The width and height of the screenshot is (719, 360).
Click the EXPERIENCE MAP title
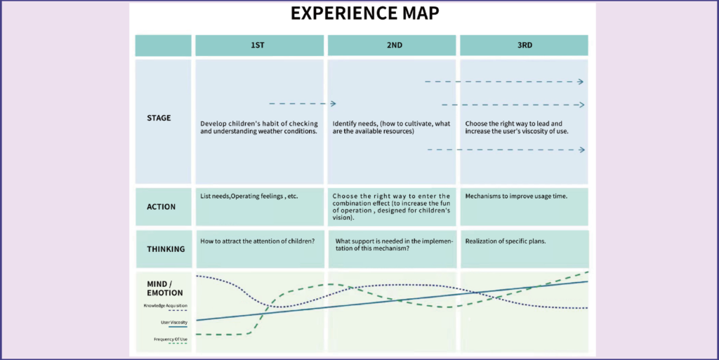pyautogui.click(x=364, y=13)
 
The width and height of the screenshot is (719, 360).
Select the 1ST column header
pyautogui.click(x=258, y=46)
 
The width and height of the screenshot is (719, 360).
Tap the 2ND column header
pyautogui.click(x=395, y=46)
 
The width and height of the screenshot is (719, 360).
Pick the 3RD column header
pyautogui.click(x=525, y=46)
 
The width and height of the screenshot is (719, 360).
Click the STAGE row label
pyautogui.click(x=159, y=118)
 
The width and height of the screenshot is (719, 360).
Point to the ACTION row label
pyautogui.click(x=161, y=206)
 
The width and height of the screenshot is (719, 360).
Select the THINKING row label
pyautogui.click(x=166, y=249)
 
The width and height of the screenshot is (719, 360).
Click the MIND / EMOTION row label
pyautogui.click(x=164, y=288)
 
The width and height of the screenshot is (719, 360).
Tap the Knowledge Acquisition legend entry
pyautogui.click(x=166, y=305)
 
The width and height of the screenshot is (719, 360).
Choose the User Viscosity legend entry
pyautogui.click(x=174, y=322)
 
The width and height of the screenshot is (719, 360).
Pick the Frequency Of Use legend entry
pyautogui.click(x=171, y=340)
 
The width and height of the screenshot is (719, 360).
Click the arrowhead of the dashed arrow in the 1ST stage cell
pyautogui.click(x=334, y=104)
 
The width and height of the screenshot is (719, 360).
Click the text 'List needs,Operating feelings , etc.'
pyautogui.click(x=249, y=196)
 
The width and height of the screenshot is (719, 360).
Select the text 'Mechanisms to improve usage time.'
pyautogui.click(x=516, y=196)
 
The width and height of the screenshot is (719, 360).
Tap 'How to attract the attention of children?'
pyautogui.click(x=257, y=241)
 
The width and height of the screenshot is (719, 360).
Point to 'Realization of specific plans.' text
pyautogui.click(x=506, y=241)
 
